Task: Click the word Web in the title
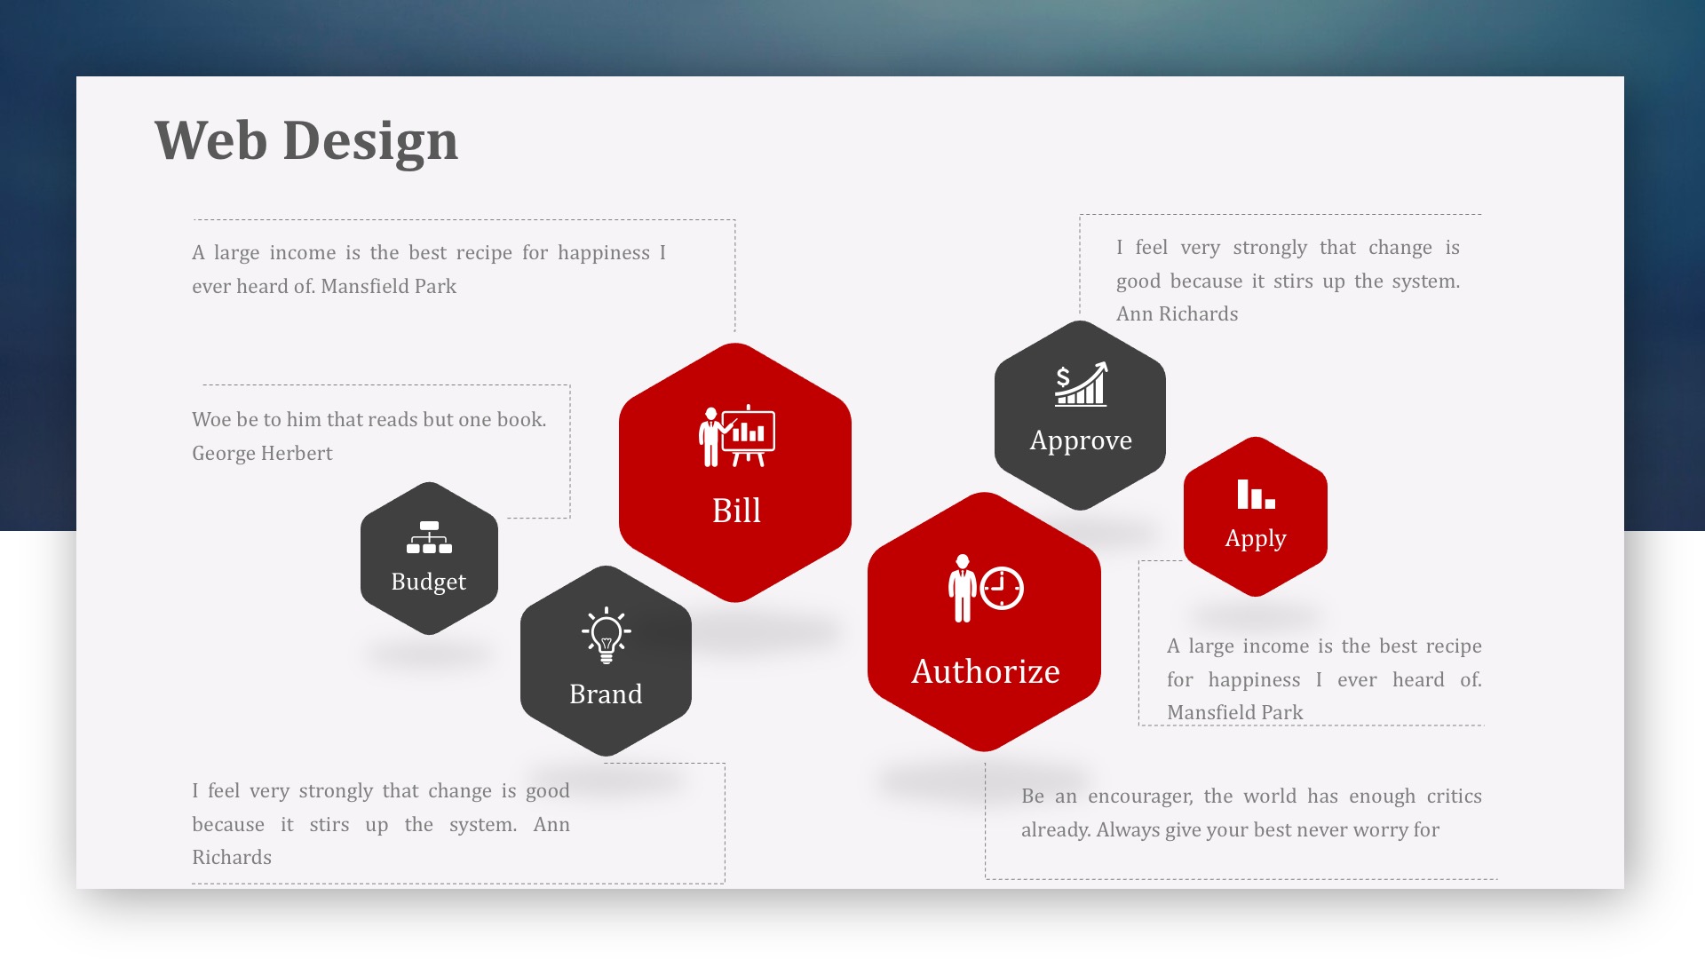coord(210,140)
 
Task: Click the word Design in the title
coord(370,142)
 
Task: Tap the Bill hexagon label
coord(736,511)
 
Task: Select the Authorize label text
coord(986,671)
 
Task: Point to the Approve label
coord(1081,440)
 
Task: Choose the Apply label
coord(1256,539)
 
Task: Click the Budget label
coord(429,582)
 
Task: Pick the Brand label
coord(606,693)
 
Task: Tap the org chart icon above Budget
coord(429,537)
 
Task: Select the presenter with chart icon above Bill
coord(736,436)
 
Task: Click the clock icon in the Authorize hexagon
coord(1003,588)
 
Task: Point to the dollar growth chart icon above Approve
coord(1081,384)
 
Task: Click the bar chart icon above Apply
coord(1257,495)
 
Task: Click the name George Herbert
coord(262,454)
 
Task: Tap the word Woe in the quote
coord(211,420)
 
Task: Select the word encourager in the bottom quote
coord(1140,797)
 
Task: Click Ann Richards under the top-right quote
coord(1177,314)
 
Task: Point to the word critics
coord(1453,797)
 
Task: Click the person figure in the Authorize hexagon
coord(962,589)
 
